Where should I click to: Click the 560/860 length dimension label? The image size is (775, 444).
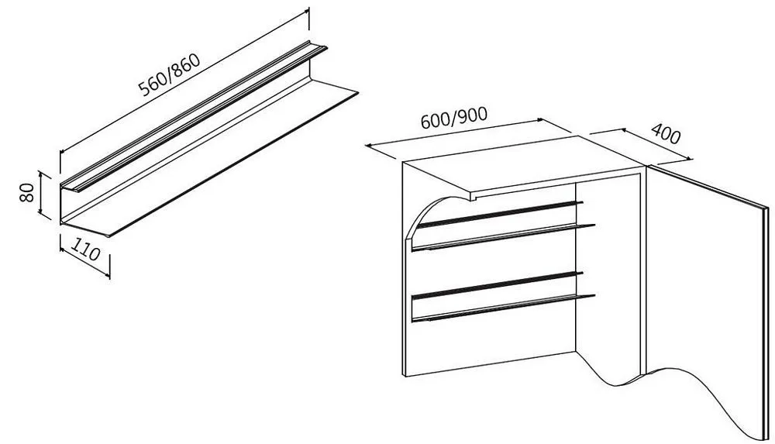(x=170, y=74)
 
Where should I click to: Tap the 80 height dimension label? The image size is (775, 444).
(x=26, y=193)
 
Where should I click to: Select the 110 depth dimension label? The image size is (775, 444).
(x=85, y=249)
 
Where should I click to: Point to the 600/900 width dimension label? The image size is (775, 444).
(x=454, y=118)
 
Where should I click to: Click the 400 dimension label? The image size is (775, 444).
(x=666, y=133)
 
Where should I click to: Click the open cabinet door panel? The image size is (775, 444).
(x=707, y=297)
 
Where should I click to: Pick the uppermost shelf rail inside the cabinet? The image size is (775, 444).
(x=499, y=214)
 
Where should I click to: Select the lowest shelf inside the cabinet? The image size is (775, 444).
(x=503, y=308)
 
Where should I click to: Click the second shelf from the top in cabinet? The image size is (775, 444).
(x=503, y=237)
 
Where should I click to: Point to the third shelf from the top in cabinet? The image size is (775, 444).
(x=498, y=285)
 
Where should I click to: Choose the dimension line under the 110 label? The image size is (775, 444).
(x=84, y=261)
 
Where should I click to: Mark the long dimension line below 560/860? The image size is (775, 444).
(x=184, y=83)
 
